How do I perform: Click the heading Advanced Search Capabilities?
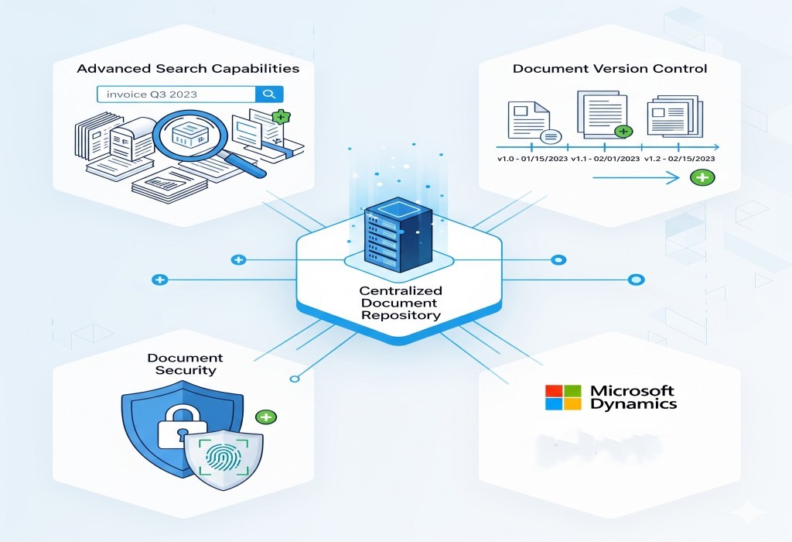click(187, 68)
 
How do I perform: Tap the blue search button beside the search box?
click(269, 94)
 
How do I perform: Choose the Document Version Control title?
click(609, 68)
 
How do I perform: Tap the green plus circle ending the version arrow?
click(702, 178)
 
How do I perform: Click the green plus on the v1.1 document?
click(623, 131)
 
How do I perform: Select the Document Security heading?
click(185, 364)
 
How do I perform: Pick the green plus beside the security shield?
click(266, 417)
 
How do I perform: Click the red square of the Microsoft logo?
click(553, 391)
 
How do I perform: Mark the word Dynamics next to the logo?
click(633, 404)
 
